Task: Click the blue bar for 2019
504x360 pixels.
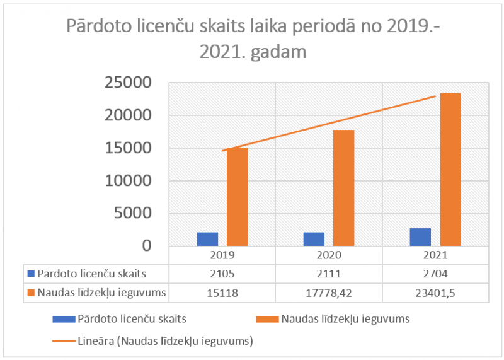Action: [x=207, y=239]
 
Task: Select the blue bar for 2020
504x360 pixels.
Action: [x=314, y=239]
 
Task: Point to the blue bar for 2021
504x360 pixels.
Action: [x=420, y=237]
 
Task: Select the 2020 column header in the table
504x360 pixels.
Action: [x=329, y=255]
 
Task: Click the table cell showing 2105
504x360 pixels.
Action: [x=222, y=274]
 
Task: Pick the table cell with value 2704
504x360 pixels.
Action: [x=435, y=274]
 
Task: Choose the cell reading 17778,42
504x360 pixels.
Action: [x=329, y=292]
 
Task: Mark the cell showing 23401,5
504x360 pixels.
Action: [x=435, y=292]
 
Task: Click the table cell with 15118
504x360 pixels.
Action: [x=222, y=292]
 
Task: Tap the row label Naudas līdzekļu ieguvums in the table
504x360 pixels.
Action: [x=101, y=292]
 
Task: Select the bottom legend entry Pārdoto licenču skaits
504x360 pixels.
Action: [x=132, y=319]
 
